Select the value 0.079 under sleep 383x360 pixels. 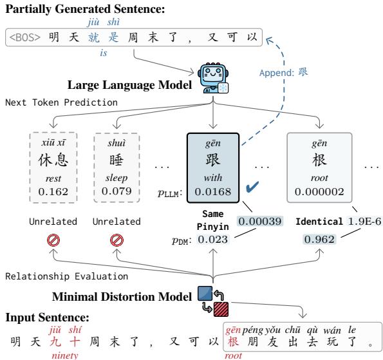pos(113,191)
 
